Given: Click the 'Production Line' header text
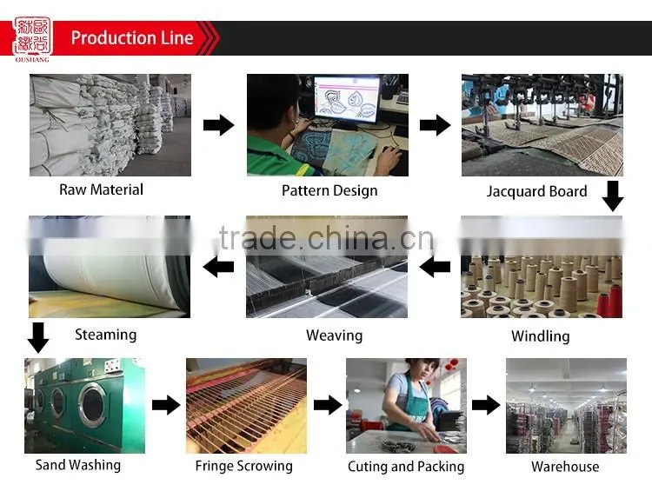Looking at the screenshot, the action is click(132, 38).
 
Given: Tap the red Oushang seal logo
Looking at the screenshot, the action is click(32, 37).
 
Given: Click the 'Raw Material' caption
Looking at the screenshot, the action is click(101, 189).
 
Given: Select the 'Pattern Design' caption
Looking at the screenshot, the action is click(329, 191).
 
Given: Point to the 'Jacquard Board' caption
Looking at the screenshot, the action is click(537, 191).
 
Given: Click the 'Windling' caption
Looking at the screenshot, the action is click(540, 335).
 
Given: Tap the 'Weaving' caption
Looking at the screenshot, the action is click(335, 335).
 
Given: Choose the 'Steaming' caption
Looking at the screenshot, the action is click(105, 335).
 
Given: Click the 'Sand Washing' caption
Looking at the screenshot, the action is click(78, 465).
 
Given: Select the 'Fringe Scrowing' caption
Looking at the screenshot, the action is click(244, 466).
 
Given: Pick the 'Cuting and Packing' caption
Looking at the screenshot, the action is click(406, 467).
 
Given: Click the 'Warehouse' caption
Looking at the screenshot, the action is click(565, 467).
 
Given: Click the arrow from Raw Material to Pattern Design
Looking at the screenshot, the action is click(219, 125).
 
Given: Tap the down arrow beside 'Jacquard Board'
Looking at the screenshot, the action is click(613, 196).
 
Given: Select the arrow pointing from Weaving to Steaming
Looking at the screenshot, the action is click(219, 267).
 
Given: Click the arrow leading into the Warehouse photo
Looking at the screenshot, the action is click(486, 405).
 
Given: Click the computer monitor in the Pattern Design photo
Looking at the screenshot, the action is click(347, 100).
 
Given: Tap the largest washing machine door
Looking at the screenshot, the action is click(92, 405).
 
